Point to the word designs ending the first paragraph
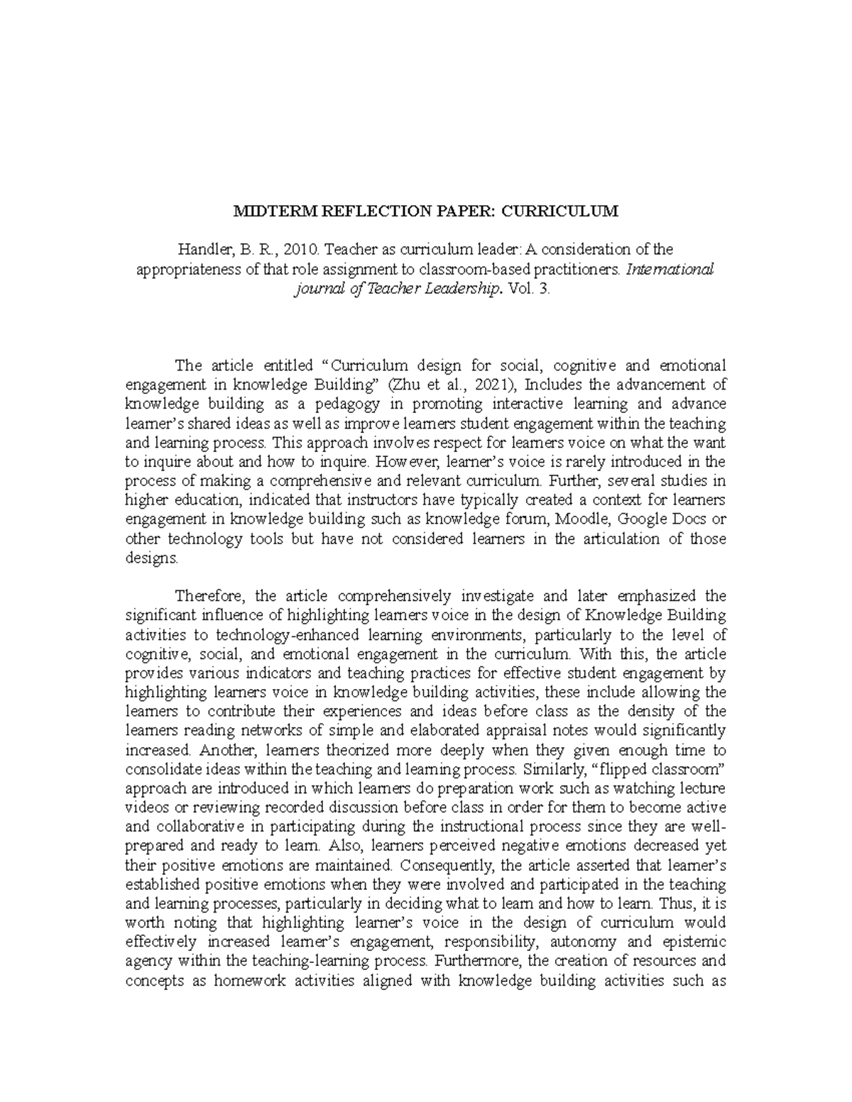tap(151, 558)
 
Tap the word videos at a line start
tap(146, 808)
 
